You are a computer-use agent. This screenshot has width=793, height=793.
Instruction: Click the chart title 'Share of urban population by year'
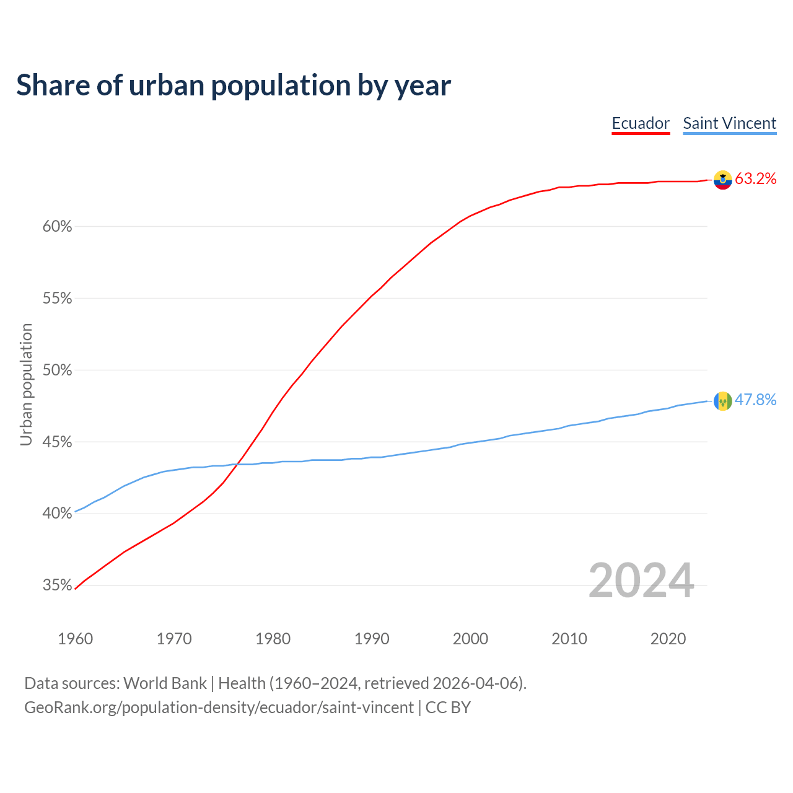234,85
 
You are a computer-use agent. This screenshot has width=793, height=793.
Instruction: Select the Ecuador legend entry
641,123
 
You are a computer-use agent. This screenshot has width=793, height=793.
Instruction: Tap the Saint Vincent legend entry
729,123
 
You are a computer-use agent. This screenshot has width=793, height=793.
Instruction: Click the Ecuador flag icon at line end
722,180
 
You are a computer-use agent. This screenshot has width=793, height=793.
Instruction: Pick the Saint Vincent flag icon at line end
722,401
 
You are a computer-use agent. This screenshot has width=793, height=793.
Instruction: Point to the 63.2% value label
755,179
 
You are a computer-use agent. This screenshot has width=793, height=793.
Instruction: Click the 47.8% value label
755,400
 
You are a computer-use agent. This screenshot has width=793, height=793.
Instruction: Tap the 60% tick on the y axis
58,227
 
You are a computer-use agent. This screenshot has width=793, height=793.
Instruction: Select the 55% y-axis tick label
58,299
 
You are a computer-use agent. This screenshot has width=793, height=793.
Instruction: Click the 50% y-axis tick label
58,370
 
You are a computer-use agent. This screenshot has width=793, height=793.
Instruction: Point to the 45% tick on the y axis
58,442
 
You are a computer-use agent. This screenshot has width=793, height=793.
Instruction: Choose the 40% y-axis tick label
58,514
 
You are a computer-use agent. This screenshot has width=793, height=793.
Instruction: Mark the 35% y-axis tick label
58,585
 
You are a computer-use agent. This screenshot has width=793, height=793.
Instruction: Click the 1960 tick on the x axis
75,639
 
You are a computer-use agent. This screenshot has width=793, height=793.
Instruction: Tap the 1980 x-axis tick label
273,639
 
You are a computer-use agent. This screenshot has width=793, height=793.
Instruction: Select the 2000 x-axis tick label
471,639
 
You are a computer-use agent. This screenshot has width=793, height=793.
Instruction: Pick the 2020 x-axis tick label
668,639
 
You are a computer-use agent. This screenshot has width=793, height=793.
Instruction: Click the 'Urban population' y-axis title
26,384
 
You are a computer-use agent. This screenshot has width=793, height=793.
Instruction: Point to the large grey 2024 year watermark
641,581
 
